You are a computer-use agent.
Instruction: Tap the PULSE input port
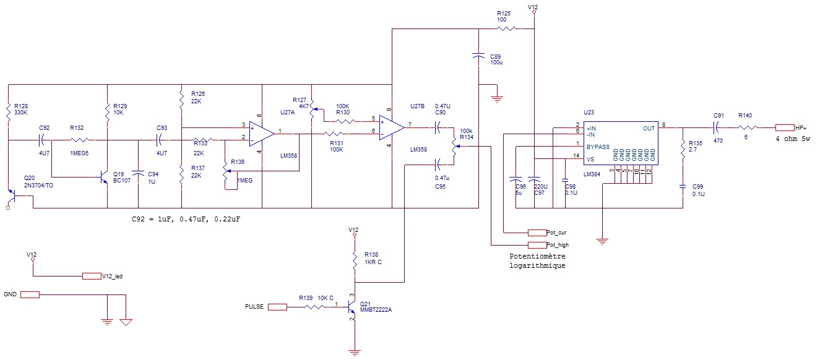click(x=277, y=307)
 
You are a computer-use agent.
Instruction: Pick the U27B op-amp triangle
click(x=392, y=127)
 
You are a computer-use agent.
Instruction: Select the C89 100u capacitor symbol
click(x=478, y=57)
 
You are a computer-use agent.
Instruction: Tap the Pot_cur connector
click(x=537, y=233)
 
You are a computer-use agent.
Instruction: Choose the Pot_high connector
click(x=537, y=245)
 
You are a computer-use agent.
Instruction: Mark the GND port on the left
click(x=30, y=295)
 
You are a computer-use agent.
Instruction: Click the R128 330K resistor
click(x=8, y=113)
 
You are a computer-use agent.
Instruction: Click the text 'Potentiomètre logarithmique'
click(x=538, y=260)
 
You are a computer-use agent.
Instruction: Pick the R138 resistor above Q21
click(x=354, y=260)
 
